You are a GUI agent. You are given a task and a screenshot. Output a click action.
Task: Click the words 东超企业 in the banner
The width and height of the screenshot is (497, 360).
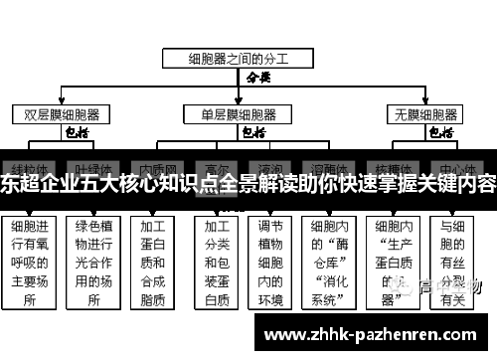(36, 183)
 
